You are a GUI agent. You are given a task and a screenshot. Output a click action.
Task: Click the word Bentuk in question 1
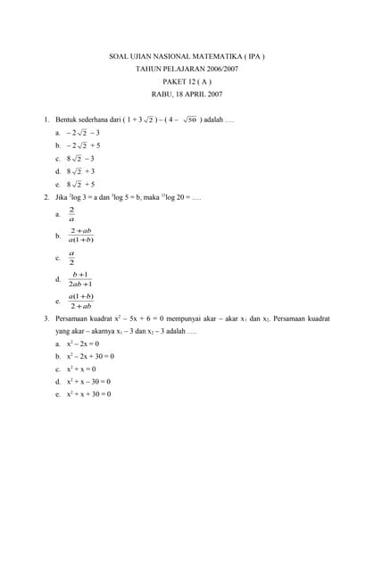click(67, 119)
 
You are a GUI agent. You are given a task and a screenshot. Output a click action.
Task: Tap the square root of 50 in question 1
click(187, 119)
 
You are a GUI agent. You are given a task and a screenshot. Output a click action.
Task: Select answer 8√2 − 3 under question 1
click(80, 158)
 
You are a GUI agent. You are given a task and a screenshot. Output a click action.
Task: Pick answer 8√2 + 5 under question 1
click(80, 184)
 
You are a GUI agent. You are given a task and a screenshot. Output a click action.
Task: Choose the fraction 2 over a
click(71, 214)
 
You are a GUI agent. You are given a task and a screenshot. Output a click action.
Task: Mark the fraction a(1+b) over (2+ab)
click(81, 302)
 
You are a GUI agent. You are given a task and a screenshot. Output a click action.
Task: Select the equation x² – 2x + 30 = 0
click(90, 356)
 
